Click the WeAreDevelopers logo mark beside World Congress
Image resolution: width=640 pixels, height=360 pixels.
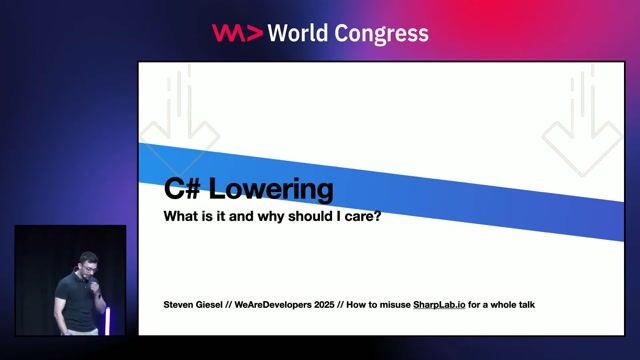tap(236, 33)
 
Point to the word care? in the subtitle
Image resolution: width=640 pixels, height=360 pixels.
tap(364, 216)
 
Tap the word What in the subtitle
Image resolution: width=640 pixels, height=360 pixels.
tap(183, 216)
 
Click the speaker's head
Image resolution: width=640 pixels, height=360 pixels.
tap(88, 265)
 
